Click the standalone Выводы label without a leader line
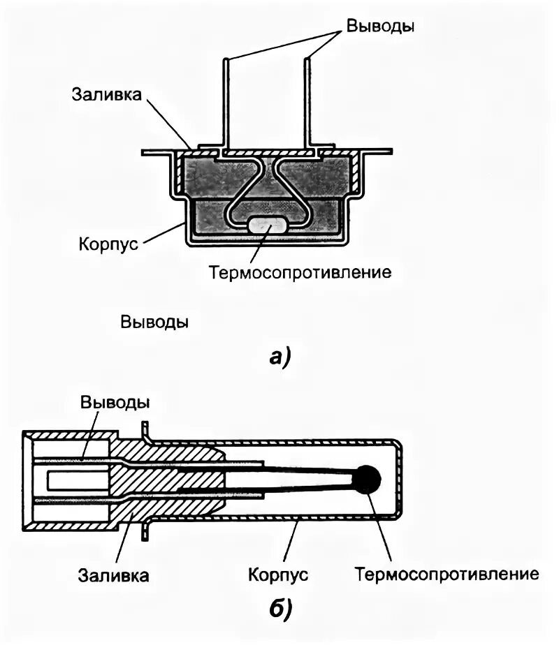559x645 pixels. (x=154, y=322)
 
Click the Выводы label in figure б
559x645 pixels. (x=115, y=403)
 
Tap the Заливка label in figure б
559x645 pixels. (x=113, y=575)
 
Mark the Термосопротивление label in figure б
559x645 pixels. (x=447, y=575)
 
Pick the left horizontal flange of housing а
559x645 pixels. (x=158, y=151)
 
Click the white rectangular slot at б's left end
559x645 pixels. (x=70, y=480)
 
